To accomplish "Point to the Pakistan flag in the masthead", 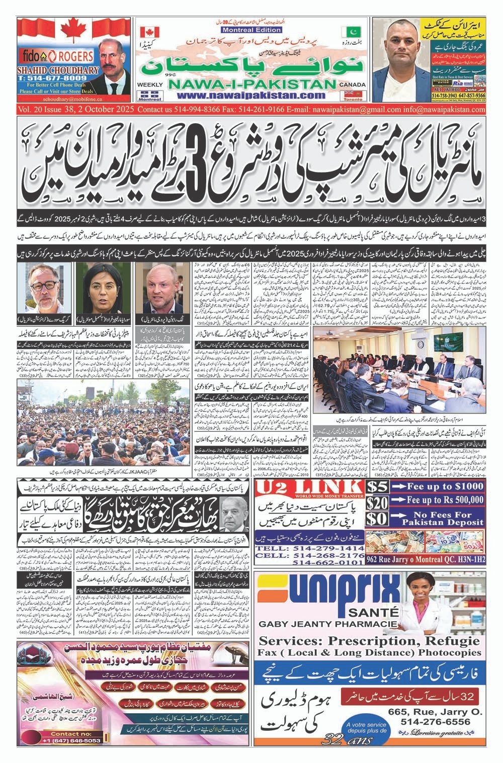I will tap(348, 31).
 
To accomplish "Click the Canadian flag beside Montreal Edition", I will tap(146, 31).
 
